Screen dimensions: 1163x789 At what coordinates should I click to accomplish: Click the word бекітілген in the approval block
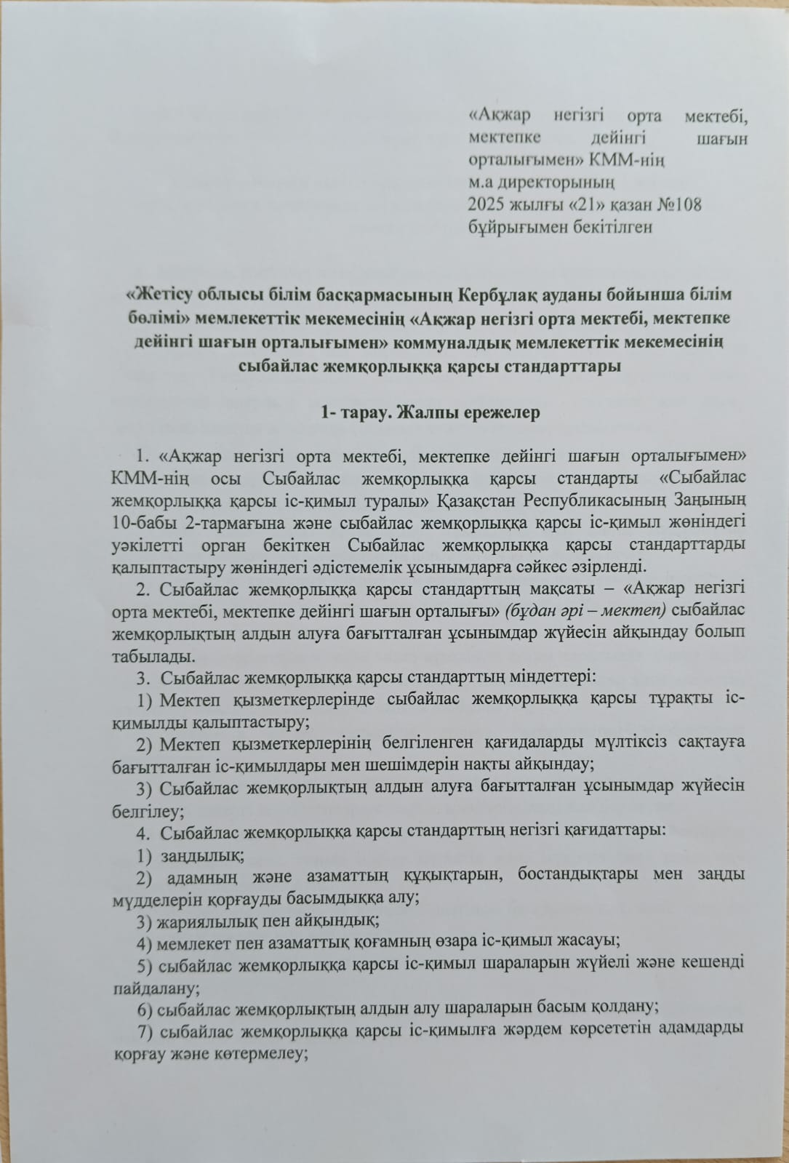click(x=612, y=227)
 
